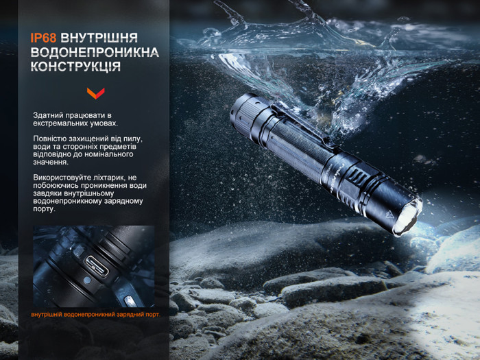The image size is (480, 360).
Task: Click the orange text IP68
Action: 43,38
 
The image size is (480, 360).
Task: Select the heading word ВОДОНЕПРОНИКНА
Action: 95,53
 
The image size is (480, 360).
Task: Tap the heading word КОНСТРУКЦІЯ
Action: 75,67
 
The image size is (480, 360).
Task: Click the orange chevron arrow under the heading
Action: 95,93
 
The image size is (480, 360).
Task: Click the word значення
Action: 51,163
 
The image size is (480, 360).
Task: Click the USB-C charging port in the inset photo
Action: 97,266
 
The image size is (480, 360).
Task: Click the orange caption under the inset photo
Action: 95,315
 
